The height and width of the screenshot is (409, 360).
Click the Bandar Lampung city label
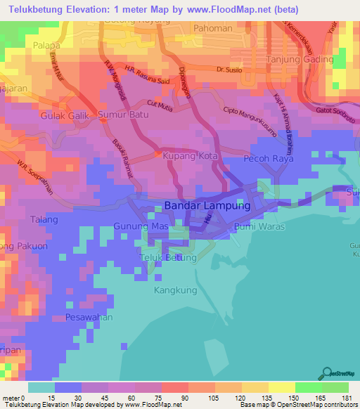click(x=207, y=207)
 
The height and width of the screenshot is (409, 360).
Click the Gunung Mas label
click(x=141, y=227)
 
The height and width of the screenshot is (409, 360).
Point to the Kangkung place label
click(x=173, y=289)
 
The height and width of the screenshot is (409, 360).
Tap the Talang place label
click(x=43, y=220)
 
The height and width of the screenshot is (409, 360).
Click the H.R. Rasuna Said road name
click(x=147, y=75)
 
